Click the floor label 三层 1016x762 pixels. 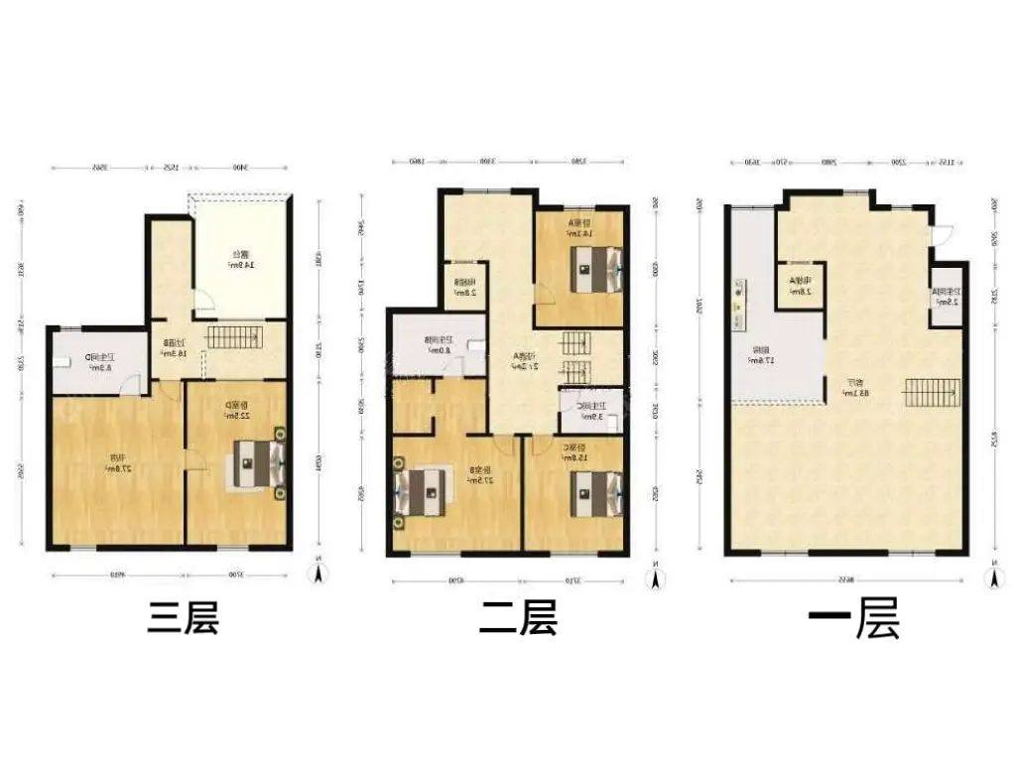click(182, 618)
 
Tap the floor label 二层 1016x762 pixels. click(517, 618)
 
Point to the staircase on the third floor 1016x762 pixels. click(235, 336)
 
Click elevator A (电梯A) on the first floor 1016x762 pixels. click(800, 286)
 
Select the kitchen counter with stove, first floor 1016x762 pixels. click(738, 307)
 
